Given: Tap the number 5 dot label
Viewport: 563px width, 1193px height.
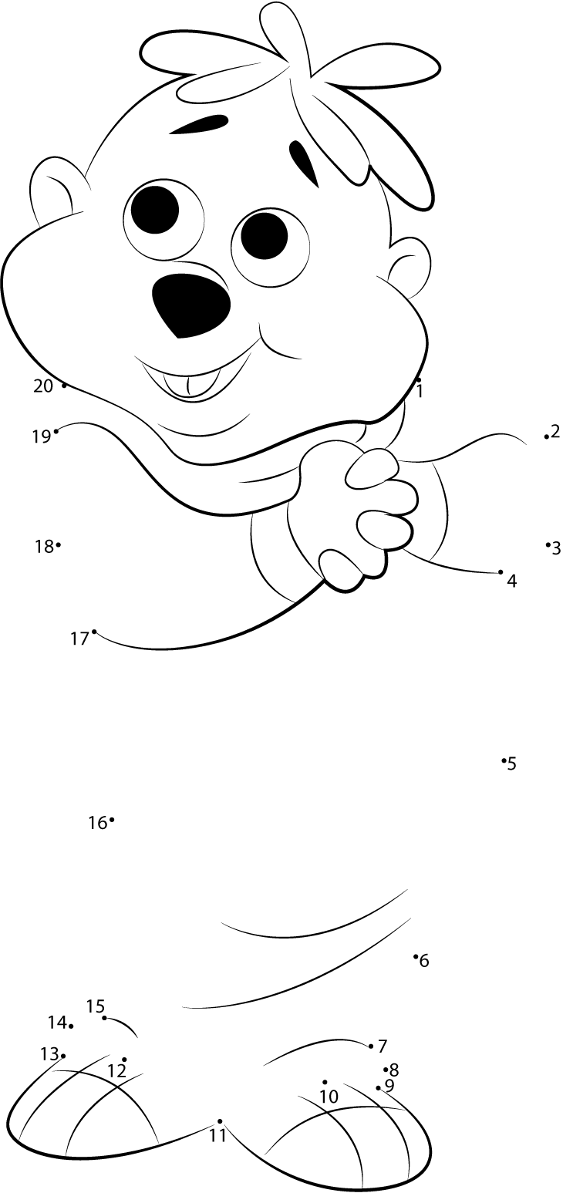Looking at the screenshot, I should (x=512, y=764).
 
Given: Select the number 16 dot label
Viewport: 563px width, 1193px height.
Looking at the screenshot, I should (x=97, y=823).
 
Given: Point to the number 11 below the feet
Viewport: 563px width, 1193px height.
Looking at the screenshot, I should (x=218, y=1135).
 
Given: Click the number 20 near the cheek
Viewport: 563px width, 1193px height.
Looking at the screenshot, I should (x=43, y=386).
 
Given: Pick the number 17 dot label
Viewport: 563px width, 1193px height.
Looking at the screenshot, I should (x=79, y=639).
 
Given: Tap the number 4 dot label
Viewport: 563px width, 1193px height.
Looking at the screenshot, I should (x=511, y=581).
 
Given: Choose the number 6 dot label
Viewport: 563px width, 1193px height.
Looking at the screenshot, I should (x=424, y=961).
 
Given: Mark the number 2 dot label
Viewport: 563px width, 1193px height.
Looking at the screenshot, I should (x=555, y=432).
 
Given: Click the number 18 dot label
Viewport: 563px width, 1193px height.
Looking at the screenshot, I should (x=43, y=546).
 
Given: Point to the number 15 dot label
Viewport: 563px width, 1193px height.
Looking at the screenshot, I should (x=95, y=1006).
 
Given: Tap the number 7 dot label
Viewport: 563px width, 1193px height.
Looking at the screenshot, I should (x=383, y=1046).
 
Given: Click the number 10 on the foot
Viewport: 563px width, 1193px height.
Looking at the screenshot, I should (x=329, y=1096).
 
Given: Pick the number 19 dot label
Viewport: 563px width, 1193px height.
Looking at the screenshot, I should (x=41, y=436).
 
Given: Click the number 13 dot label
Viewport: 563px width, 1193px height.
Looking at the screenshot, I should (x=49, y=1053).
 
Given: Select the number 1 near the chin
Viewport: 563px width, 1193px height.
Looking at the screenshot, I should (x=420, y=391).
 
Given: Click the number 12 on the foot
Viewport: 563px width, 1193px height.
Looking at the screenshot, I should (x=116, y=1071).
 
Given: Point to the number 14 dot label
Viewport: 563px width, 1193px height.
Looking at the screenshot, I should (x=57, y=1023).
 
